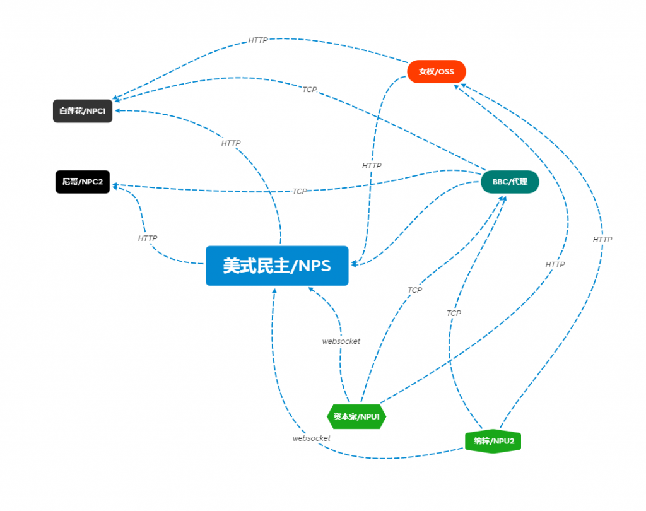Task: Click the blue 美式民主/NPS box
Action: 277,266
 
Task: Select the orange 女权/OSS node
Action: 437,71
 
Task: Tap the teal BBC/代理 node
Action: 510,182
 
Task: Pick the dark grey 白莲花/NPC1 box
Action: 83,111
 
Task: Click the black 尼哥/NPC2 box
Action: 83,182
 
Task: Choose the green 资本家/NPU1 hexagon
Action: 356,416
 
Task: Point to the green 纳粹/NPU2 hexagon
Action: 493,441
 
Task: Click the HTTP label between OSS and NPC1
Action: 258,40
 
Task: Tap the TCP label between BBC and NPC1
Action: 309,90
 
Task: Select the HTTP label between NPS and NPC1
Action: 231,143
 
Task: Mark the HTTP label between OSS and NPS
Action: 372,165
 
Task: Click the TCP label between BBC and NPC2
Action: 300,191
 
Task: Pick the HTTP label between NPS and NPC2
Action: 148,238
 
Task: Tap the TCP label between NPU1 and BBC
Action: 414,290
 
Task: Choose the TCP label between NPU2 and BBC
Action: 454,313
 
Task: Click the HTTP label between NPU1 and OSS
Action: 555,264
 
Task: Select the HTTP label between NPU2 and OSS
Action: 602,239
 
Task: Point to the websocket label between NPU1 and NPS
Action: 341,341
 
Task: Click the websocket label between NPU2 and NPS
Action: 312,438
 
